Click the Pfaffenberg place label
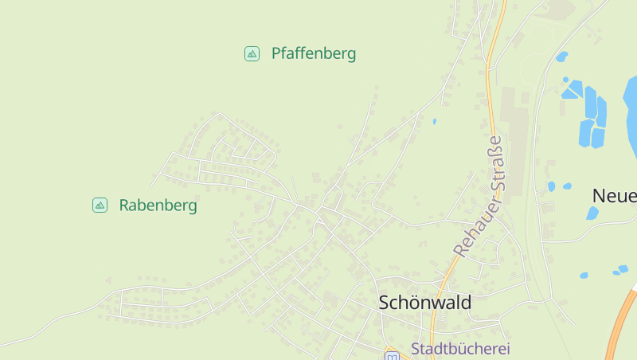313,54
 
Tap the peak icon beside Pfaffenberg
252,54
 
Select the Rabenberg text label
158,205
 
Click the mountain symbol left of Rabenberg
100,205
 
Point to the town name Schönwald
425,303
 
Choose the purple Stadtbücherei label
460,348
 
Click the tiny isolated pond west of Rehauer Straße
434,121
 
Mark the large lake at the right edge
631,112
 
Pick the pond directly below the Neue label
592,213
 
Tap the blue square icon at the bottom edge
391,356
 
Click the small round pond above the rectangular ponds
561,57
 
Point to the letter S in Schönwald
385,303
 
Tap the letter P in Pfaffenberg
276,54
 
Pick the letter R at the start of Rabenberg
124,205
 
